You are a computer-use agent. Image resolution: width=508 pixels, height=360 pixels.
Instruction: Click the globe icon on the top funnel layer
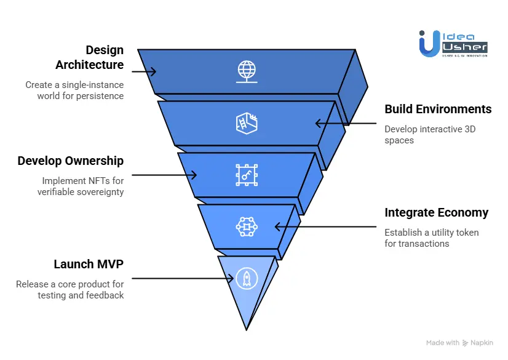(x=247, y=71)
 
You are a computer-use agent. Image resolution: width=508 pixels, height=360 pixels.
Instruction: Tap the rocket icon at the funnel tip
(x=247, y=279)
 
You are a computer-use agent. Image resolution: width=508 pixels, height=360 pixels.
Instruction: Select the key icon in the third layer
(x=247, y=175)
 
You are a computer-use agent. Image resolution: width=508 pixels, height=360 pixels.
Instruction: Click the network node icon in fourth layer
(x=247, y=226)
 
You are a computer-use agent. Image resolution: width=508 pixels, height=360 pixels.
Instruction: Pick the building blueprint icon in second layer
(x=247, y=122)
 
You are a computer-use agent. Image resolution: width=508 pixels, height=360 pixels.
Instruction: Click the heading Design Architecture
(x=90, y=57)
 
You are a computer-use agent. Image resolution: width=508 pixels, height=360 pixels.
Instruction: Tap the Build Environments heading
(x=438, y=109)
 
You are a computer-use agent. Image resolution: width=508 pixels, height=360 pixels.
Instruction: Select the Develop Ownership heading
(x=71, y=161)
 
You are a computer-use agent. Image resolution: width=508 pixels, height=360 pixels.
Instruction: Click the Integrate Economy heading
(x=436, y=213)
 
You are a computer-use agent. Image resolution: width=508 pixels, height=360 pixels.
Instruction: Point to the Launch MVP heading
(x=89, y=265)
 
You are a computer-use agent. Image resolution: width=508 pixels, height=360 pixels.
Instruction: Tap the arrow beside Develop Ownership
(x=163, y=175)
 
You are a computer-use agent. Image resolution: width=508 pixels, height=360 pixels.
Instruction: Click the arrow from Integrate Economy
(x=326, y=226)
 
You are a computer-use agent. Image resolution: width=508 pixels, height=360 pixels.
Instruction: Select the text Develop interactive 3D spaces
(x=430, y=135)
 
